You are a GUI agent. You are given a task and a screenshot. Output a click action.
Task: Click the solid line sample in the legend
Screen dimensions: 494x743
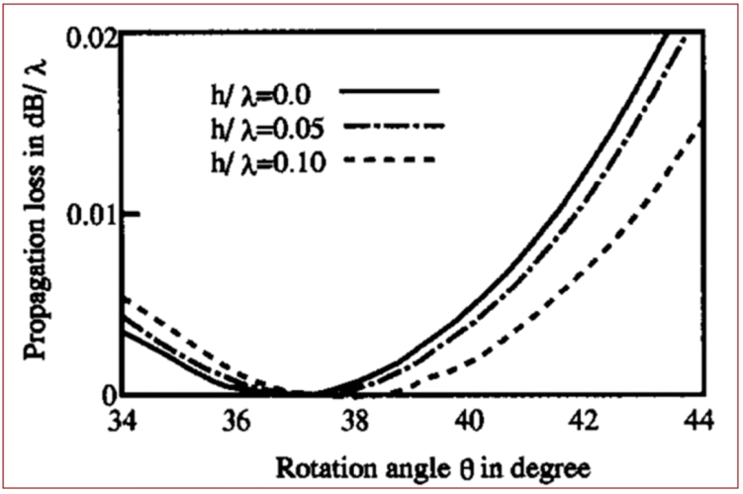click(x=388, y=90)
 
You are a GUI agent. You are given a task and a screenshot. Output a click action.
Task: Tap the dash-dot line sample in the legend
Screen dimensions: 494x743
click(x=389, y=126)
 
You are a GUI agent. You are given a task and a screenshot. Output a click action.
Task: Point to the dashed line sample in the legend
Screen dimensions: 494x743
click(x=389, y=160)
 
